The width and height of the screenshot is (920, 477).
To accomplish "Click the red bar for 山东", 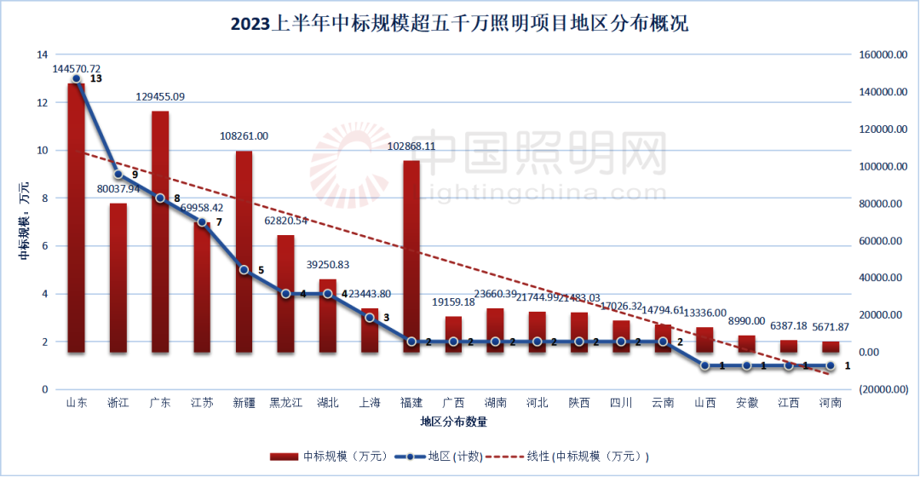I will point(76,218).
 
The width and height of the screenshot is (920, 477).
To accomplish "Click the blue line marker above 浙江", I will point(118,175).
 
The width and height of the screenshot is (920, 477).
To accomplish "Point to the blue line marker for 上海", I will point(370,318).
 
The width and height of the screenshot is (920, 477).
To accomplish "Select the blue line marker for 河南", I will point(831,365).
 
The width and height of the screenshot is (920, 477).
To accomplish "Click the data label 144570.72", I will point(77,68).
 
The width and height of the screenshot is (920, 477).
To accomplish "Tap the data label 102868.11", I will point(411,146).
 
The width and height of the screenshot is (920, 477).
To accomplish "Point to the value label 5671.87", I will point(830,327).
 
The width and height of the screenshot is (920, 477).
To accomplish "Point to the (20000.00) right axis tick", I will point(881,389).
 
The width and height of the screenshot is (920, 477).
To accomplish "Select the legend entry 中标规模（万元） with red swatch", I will point(325,457).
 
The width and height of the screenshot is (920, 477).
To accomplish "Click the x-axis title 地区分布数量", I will point(453,422).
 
